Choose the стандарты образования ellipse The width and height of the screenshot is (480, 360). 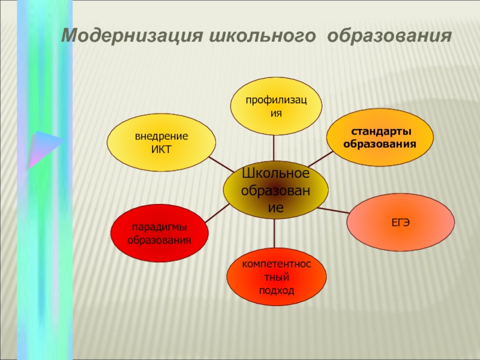379,139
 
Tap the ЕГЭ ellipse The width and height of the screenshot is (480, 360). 400,222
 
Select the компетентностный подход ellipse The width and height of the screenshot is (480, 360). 276,277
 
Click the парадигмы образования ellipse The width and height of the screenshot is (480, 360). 159,233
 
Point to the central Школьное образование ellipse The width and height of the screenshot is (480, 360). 275,191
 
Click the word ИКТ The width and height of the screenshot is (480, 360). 161,148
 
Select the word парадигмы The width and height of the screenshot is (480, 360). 159,227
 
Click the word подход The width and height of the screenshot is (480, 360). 276,290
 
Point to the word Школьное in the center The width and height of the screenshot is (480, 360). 275,173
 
